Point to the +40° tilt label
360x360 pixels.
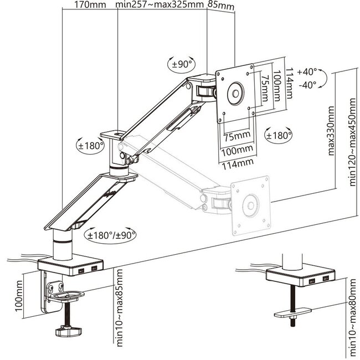[307, 72]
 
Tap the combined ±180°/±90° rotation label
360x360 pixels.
[111, 234]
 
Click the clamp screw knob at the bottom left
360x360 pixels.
[66, 332]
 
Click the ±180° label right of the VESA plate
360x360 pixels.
[276, 135]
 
